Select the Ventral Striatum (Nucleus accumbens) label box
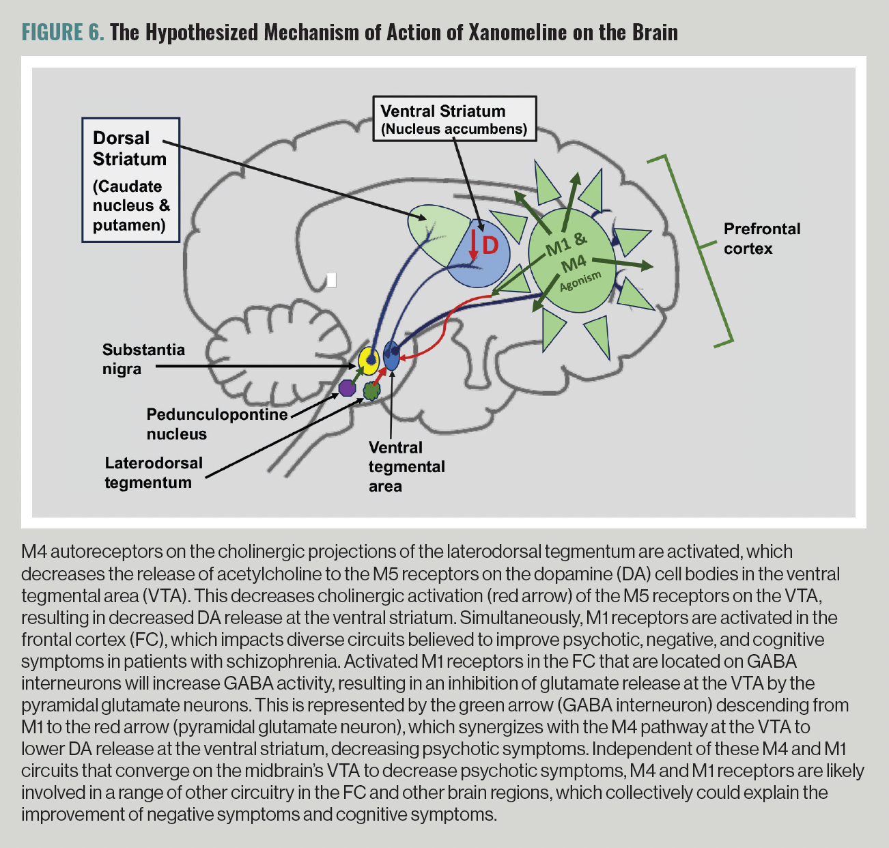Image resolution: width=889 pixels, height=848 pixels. (454, 119)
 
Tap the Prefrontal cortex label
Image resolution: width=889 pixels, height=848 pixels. (761, 238)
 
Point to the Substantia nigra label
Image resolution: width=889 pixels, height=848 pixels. (143, 359)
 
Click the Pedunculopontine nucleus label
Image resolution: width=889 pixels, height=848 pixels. (216, 424)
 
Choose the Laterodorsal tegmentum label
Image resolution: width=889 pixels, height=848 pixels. (154, 472)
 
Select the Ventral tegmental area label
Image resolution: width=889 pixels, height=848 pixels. (406, 466)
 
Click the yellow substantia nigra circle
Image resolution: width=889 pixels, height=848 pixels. (369, 361)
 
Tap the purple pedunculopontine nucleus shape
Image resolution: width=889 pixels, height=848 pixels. (348, 388)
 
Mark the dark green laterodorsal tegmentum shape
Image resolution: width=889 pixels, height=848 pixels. (371, 391)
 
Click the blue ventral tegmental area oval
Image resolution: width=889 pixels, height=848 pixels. (392, 355)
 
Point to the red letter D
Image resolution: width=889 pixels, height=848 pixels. (490, 246)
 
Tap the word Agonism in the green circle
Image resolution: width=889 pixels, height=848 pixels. (580, 281)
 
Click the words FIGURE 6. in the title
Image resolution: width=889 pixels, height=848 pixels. (63, 32)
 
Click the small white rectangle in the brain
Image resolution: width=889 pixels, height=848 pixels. (332, 280)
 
